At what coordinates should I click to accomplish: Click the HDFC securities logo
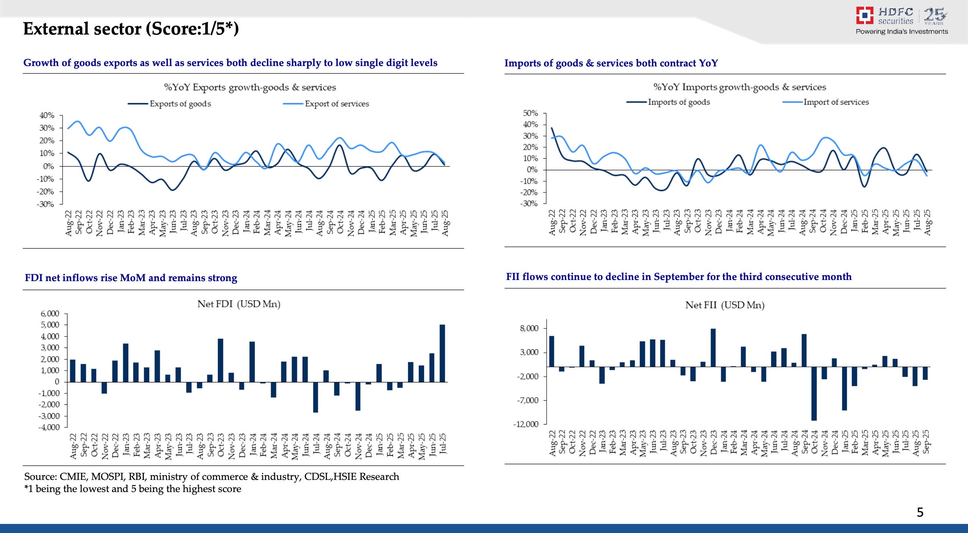901,21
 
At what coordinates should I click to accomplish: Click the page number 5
920,513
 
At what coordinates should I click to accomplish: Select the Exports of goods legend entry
180,104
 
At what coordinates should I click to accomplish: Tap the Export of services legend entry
336,104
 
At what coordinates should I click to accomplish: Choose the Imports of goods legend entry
678,102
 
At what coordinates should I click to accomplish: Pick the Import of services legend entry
836,102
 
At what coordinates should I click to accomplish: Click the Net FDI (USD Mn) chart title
239,304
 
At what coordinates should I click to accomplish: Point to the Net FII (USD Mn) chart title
725,305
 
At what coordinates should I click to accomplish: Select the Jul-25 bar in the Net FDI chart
442,353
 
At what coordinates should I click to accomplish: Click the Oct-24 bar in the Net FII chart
814,393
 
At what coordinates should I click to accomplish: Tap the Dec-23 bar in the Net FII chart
713,347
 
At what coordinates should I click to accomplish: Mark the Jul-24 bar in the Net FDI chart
315,397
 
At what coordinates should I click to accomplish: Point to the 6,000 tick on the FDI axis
50,314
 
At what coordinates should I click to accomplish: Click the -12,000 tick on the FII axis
526,424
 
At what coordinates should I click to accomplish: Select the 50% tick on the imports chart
530,113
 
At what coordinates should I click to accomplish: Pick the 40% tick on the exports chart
47,115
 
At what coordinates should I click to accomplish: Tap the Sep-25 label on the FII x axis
926,442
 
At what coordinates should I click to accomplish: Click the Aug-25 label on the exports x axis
445,223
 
